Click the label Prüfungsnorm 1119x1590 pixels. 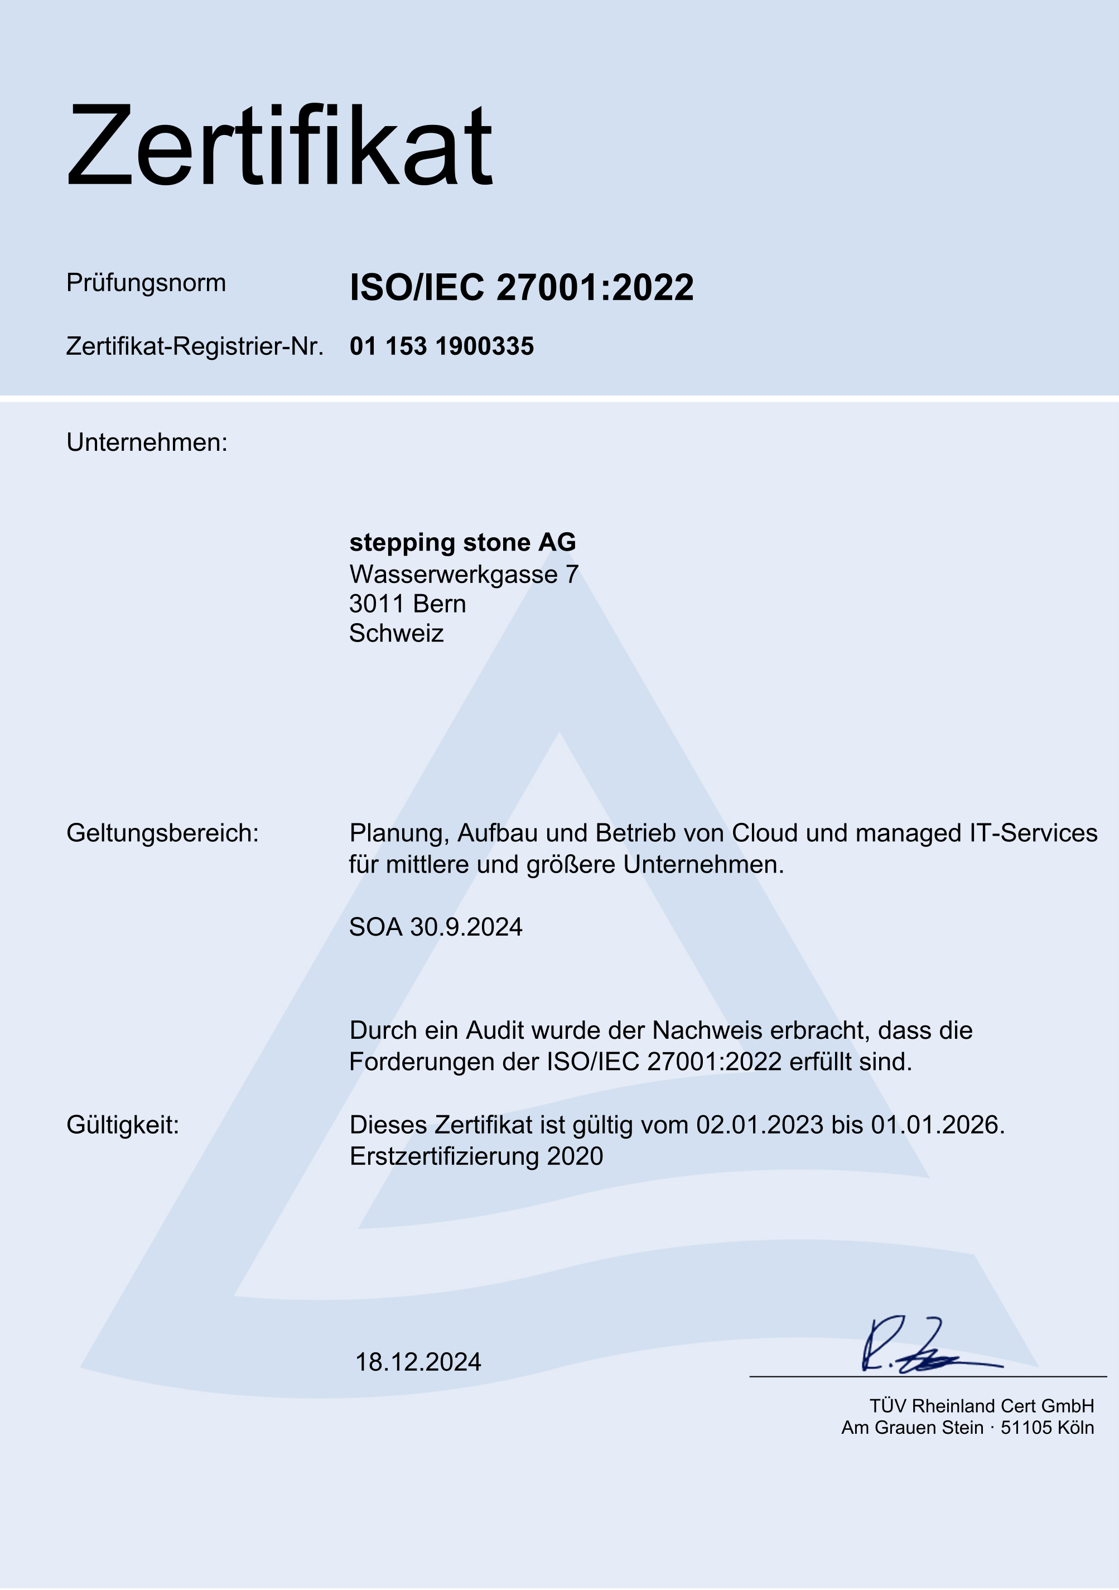(x=146, y=282)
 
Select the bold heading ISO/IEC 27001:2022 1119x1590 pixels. (x=522, y=287)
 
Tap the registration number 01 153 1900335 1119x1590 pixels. (x=442, y=346)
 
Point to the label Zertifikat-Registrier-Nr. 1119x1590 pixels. (x=195, y=346)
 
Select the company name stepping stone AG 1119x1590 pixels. (x=462, y=542)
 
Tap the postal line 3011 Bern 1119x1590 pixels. (x=407, y=604)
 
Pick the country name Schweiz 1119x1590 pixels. (x=396, y=634)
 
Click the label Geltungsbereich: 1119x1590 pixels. (x=162, y=833)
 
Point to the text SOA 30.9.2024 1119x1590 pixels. (x=436, y=927)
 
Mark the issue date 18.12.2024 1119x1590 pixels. (x=418, y=1362)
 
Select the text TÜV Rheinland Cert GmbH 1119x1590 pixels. (x=982, y=1406)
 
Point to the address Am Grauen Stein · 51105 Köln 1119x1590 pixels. (x=967, y=1428)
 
